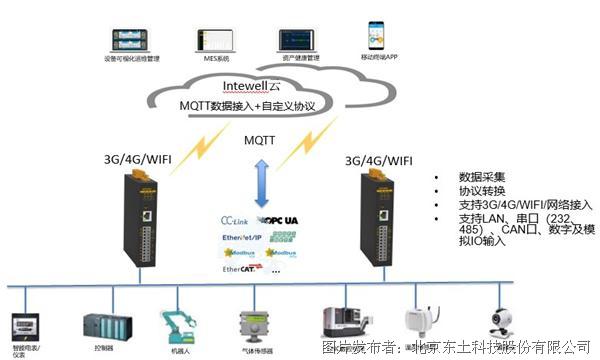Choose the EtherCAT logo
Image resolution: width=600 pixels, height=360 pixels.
click(x=238, y=269)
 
